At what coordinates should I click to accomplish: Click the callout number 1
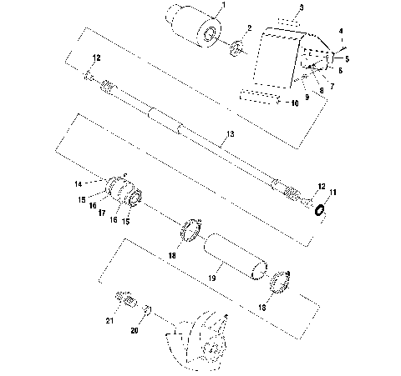221,7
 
